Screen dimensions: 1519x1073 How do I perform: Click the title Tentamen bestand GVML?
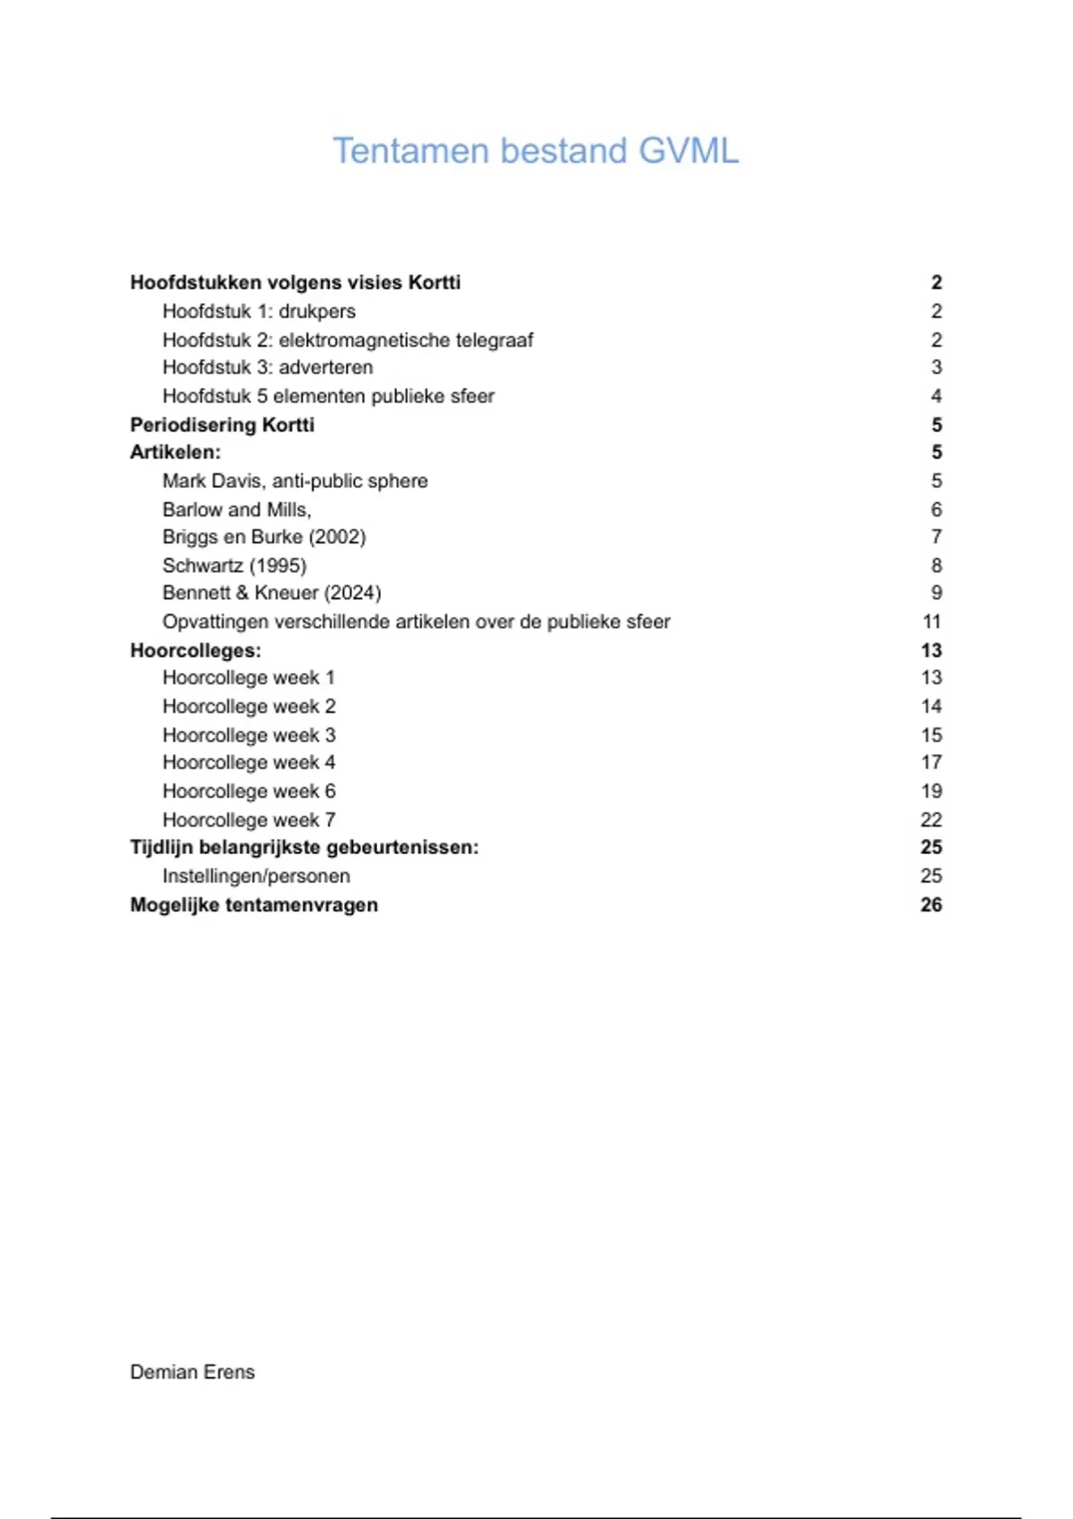(x=536, y=151)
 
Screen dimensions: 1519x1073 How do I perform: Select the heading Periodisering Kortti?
(x=222, y=424)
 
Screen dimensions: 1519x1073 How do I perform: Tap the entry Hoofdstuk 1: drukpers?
(x=258, y=311)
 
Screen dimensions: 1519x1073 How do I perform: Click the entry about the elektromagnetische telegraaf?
(x=347, y=340)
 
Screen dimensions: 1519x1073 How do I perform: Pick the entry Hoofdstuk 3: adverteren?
(x=267, y=367)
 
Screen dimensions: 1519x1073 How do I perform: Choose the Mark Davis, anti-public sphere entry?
(x=295, y=481)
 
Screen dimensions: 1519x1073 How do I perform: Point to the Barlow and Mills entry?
(x=237, y=509)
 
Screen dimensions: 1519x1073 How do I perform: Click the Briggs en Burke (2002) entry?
(x=264, y=537)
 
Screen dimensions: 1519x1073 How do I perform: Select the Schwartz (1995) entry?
(x=234, y=566)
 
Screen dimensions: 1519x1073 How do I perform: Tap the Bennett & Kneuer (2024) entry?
(x=271, y=593)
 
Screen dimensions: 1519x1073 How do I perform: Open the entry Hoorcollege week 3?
(x=249, y=734)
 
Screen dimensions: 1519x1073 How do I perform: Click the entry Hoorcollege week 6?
(x=249, y=791)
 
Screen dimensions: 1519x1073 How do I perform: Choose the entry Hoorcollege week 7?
(x=249, y=819)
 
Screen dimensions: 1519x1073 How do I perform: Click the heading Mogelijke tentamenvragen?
(x=254, y=904)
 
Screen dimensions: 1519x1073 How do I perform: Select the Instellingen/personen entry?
(x=256, y=876)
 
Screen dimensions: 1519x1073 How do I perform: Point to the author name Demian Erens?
(x=192, y=1372)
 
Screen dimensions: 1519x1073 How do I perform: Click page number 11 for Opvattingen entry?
(x=931, y=622)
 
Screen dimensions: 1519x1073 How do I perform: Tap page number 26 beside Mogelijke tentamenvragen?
(x=931, y=904)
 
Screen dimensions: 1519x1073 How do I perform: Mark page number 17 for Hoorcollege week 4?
(x=931, y=762)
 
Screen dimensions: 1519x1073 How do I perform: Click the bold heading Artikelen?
(x=175, y=452)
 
